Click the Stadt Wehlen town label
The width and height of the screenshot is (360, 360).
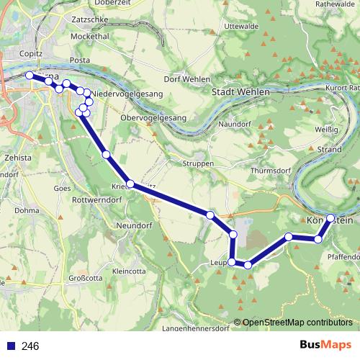[x=241, y=92]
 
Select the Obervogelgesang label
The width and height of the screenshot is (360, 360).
[x=153, y=117]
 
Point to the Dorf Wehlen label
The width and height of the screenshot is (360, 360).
[x=186, y=79]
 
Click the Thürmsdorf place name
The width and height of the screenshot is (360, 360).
[x=271, y=171]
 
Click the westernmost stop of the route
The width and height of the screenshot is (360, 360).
[x=29, y=75]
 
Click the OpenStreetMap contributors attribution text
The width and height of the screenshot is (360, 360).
[x=297, y=322]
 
